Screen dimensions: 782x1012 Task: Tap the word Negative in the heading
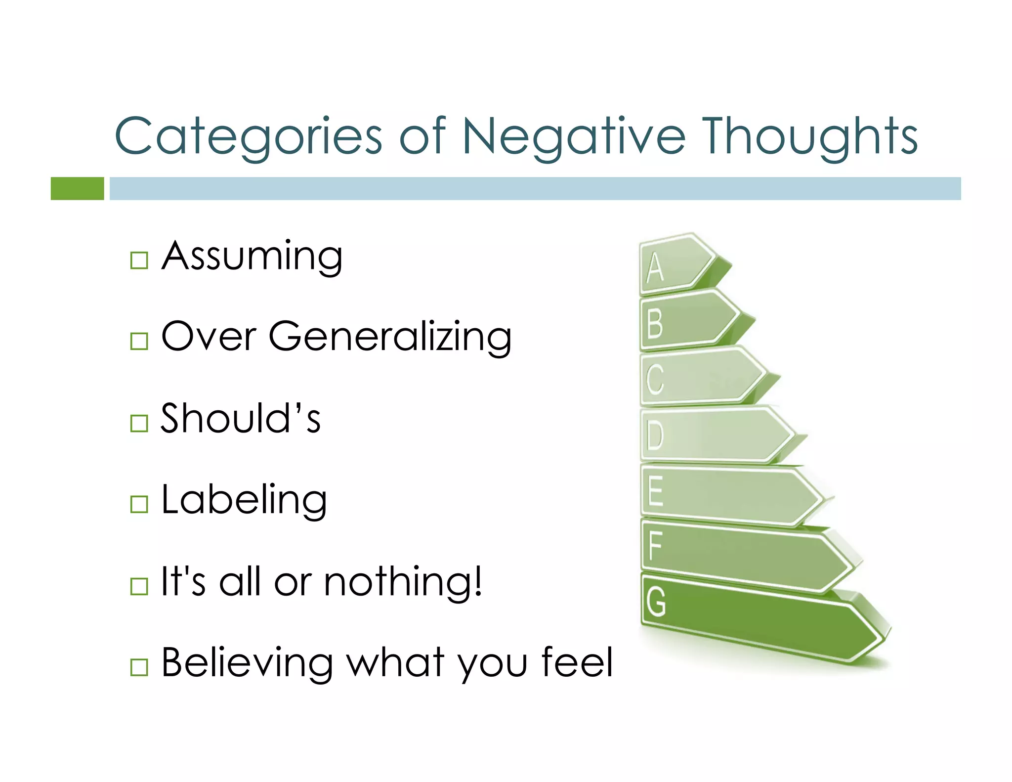[573, 136]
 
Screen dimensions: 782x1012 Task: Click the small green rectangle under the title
[77, 188]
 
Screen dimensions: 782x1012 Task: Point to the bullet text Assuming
[252, 257]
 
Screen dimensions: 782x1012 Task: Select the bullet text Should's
[241, 418]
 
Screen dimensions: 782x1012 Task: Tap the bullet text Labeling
[244, 500]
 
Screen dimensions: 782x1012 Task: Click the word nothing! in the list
[403, 582]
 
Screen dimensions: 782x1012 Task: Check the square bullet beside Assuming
[139, 260]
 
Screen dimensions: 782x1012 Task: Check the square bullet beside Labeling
[139, 504]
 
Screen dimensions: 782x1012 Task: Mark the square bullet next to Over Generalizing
[139, 341]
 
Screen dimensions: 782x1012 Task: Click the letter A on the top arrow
[655, 267]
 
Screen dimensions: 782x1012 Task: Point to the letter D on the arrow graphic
[655, 435]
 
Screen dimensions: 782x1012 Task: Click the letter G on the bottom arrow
[656, 602]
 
